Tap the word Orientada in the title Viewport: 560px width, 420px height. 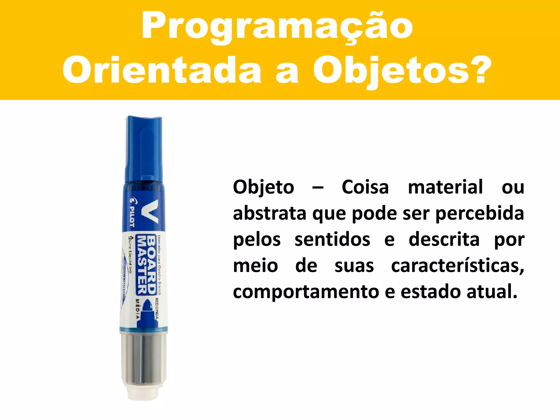[161, 70]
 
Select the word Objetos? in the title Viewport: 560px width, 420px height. [402, 70]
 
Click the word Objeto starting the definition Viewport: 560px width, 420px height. [263, 188]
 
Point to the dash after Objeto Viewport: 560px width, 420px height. [318, 188]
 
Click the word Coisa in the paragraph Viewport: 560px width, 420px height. [365, 188]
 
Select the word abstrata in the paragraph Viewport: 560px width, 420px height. [269, 214]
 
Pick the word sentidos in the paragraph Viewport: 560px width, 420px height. [332, 240]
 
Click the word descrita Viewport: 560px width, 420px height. [444, 240]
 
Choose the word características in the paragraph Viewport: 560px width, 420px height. [457, 266]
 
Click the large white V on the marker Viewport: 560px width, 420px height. [150, 211]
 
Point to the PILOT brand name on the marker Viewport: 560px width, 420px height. [132, 216]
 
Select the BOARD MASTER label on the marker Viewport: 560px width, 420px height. [147, 264]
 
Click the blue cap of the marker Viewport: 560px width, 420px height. [144, 148]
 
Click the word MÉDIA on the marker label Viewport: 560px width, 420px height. [138, 309]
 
